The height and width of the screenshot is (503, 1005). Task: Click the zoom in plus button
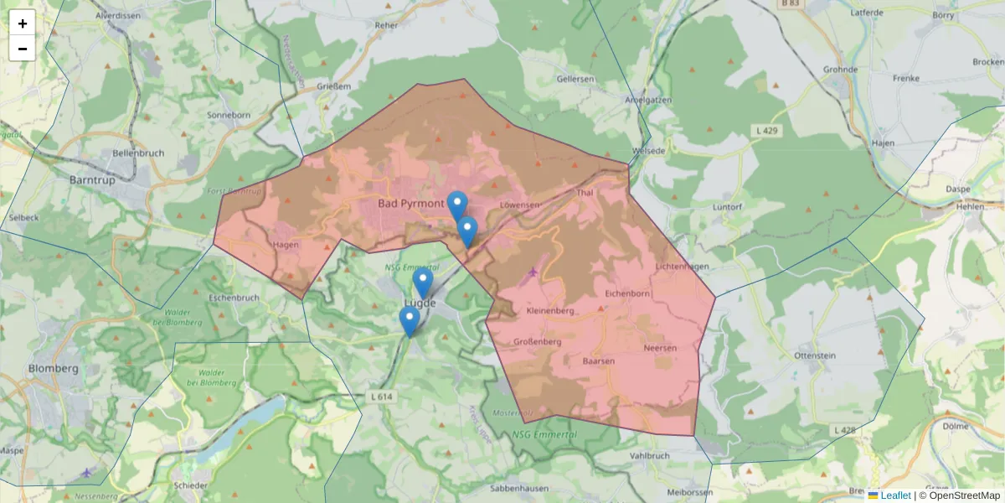click(x=23, y=23)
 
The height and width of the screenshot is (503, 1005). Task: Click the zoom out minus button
click(x=23, y=49)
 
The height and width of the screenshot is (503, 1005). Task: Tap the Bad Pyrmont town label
click(x=410, y=203)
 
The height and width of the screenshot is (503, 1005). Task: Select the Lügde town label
click(x=421, y=303)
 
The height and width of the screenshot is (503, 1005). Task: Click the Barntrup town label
click(x=92, y=179)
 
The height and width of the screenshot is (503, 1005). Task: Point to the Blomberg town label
click(x=54, y=368)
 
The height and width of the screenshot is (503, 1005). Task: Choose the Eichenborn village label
click(x=627, y=293)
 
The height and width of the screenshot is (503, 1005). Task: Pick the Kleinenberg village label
click(x=549, y=311)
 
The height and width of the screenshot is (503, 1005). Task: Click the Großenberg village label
click(x=537, y=341)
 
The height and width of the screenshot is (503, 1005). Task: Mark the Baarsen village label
click(x=598, y=360)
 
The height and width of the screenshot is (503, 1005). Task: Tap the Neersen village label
click(x=659, y=347)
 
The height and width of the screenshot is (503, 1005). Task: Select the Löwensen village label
click(x=519, y=204)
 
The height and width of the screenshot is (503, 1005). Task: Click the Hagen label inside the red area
click(x=286, y=245)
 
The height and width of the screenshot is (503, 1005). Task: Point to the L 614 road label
click(x=380, y=397)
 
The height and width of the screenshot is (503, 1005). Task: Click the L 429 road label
click(x=767, y=131)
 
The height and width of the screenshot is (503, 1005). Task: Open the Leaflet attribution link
click(x=895, y=495)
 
